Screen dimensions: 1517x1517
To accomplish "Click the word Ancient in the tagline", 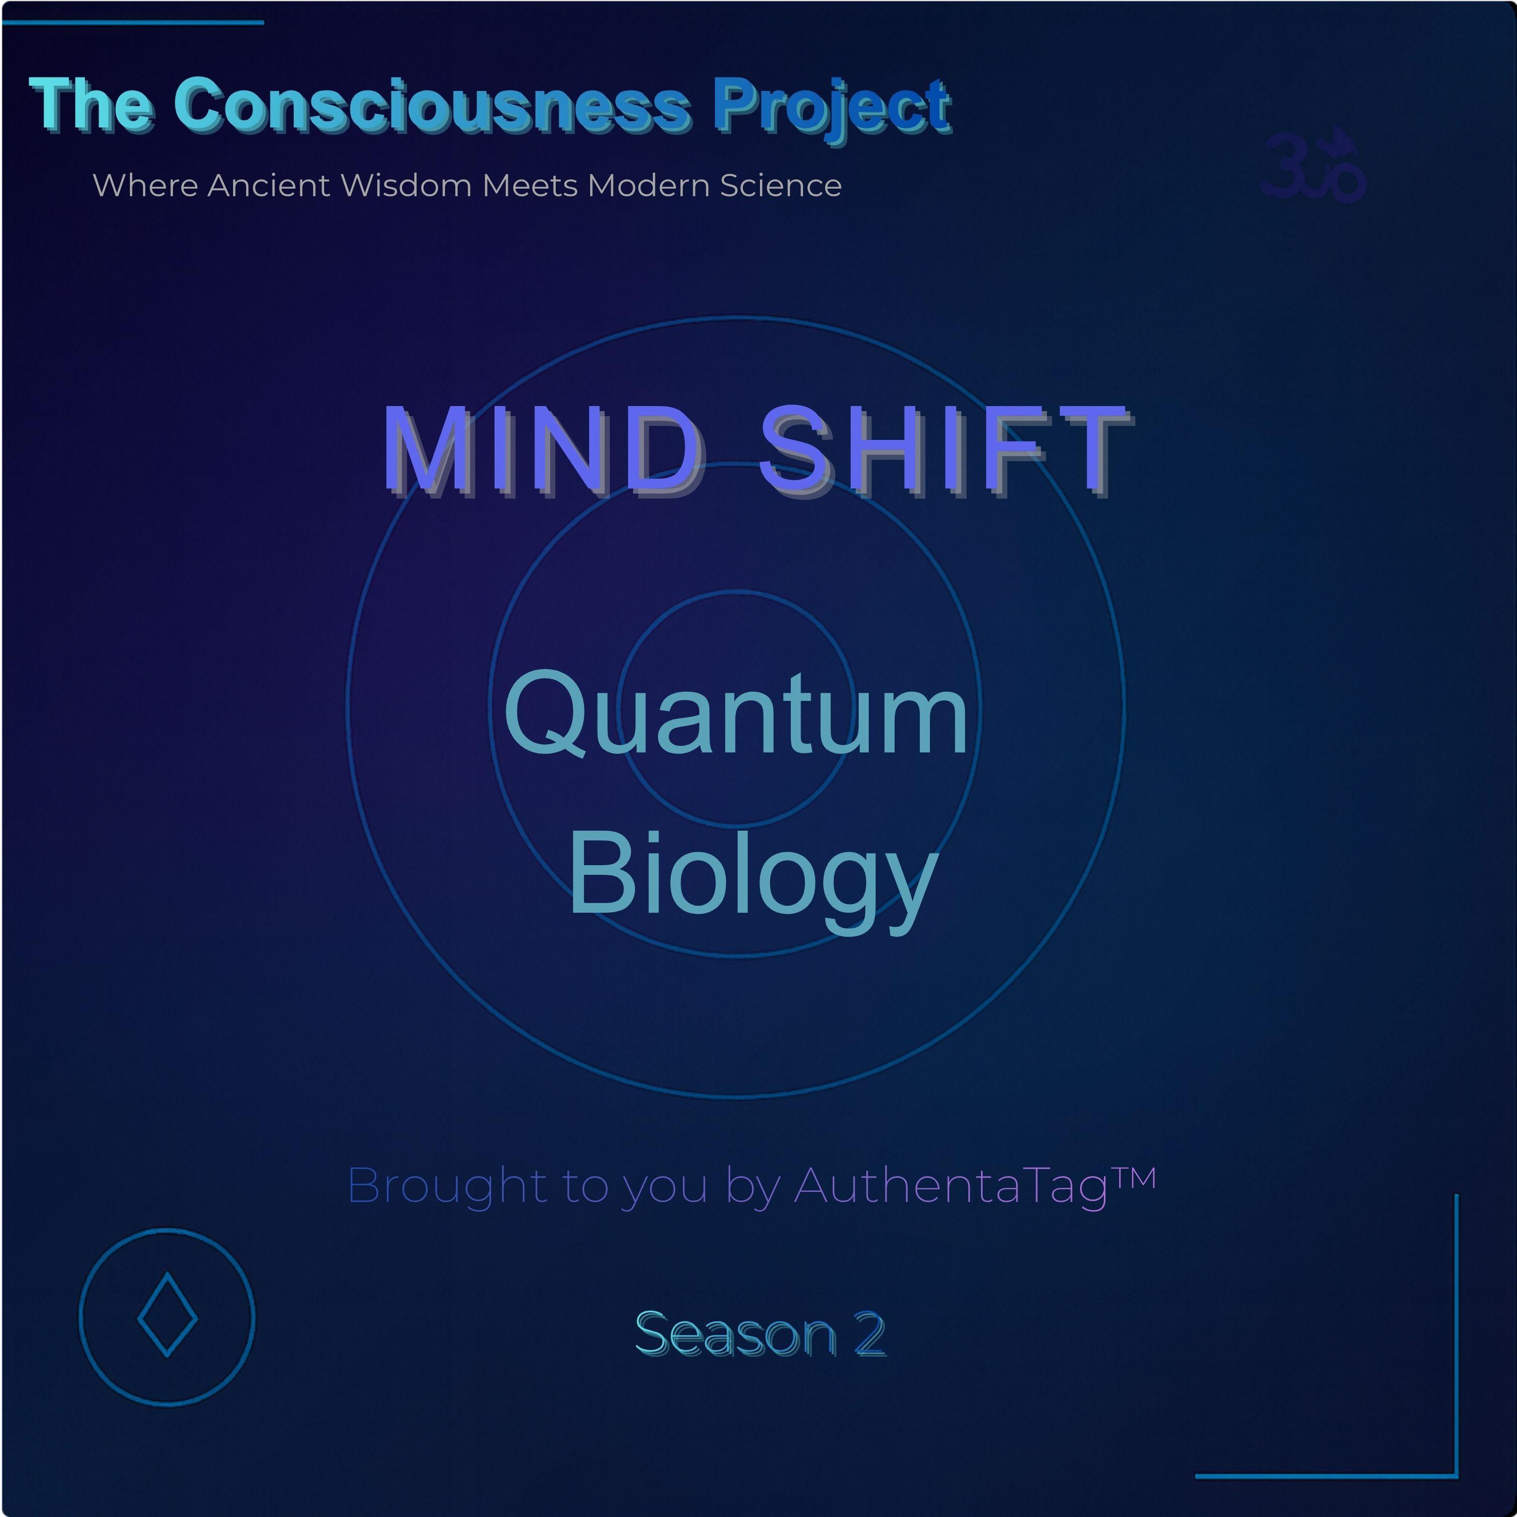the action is (269, 185).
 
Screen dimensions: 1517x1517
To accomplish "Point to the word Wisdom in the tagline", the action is (406, 185).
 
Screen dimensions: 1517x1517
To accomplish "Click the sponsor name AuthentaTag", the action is (950, 1186).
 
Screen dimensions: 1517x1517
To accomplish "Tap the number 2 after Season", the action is (870, 1334).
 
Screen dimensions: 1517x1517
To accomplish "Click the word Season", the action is (736, 1334).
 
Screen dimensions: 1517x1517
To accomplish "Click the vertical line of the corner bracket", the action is (1456, 1335).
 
